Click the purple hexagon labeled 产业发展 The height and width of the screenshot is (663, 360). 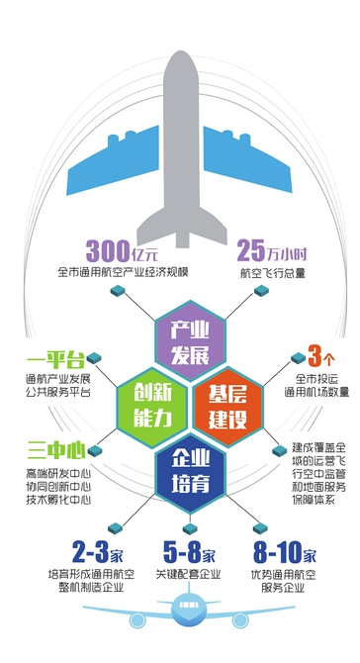(x=182, y=339)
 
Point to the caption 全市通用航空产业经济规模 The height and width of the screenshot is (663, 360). (x=123, y=271)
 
